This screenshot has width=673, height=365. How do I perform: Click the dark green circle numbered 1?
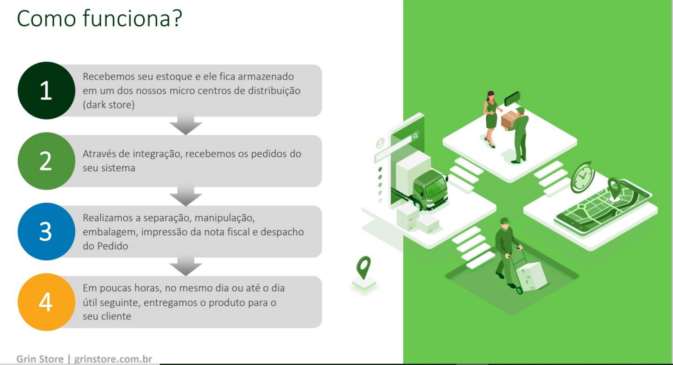coord(46,91)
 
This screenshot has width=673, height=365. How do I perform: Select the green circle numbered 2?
coord(46,161)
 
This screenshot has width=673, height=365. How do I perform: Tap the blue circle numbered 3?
coord(46,232)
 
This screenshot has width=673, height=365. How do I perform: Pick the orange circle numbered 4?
coord(46,302)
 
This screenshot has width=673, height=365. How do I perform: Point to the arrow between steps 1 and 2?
coord(186,126)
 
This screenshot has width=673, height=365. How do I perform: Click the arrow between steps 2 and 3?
coord(186,197)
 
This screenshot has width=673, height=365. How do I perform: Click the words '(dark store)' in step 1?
coord(109,105)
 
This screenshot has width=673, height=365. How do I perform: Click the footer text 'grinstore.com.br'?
coord(113,359)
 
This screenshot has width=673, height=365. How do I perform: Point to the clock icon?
coord(582,177)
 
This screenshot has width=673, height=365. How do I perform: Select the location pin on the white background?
coord(363,267)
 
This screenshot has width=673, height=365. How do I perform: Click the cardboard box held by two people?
coord(509,119)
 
